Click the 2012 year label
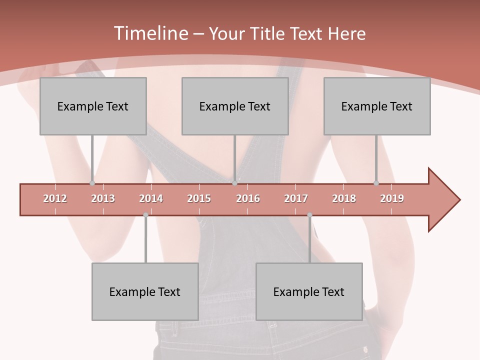point(55,198)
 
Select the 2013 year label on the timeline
point(103,198)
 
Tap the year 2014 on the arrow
point(151,198)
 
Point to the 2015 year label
point(199,198)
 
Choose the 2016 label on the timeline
point(248,198)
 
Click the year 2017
point(296,198)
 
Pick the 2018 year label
point(344,198)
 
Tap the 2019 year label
point(392,198)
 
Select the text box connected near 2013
point(93,106)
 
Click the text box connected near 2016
point(235,106)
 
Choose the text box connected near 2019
point(377,106)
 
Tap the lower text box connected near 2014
point(145,291)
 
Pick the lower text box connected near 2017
point(309,291)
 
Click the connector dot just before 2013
point(92,183)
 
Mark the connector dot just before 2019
point(376,183)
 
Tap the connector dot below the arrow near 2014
point(145,215)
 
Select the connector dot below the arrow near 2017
point(309,215)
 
